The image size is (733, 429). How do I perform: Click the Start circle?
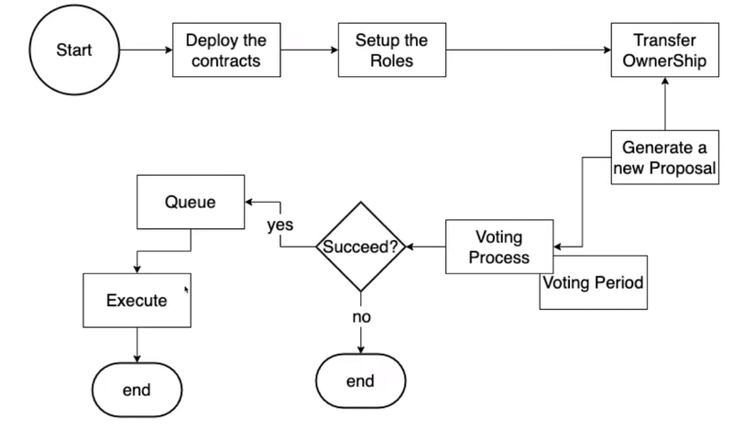point(74,50)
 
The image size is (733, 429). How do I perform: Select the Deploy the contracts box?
point(226,50)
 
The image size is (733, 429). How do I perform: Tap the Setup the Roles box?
point(391,50)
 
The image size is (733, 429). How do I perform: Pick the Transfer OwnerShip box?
point(663,50)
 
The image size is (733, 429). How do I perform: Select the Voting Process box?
point(499,246)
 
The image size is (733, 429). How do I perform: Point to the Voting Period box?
point(592,281)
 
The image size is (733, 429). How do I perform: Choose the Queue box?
point(190,203)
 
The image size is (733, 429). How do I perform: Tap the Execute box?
point(137,300)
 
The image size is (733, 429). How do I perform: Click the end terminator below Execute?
point(137,390)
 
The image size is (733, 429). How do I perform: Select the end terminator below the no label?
point(360,379)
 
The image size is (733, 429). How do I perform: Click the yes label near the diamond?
point(279,225)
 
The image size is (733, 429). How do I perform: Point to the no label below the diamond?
point(360,316)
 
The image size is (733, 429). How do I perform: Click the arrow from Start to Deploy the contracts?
point(144,50)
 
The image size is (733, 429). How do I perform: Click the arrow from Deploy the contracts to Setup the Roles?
point(309,50)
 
